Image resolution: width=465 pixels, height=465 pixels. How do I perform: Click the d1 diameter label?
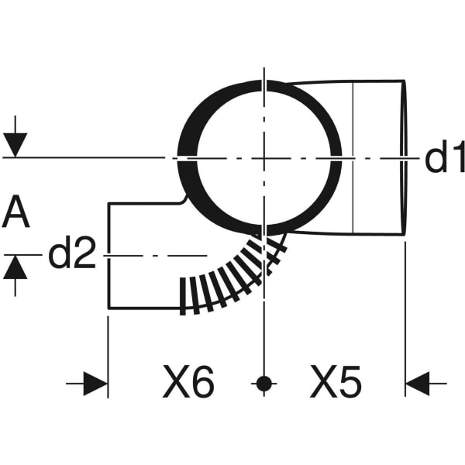pyautogui.click(x=444, y=158)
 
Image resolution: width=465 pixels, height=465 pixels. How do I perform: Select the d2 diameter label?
pyautogui.click(x=71, y=254)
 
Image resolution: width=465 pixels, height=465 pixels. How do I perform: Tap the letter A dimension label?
pyautogui.click(x=16, y=213)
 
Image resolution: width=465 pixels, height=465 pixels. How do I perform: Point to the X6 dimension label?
pyautogui.click(x=188, y=382)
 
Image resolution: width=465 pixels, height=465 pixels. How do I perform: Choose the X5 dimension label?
pyautogui.click(x=336, y=382)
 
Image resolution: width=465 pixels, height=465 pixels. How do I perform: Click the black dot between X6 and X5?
pyautogui.click(x=264, y=383)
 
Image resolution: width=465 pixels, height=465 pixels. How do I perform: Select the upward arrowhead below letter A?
pyautogui.click(x=15, y=267)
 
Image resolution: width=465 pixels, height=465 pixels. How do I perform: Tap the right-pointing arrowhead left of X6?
pyautogui.click(x=95, y=383)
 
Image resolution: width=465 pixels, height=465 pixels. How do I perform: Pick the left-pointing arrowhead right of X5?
pyautogui.click(x=418, y=383)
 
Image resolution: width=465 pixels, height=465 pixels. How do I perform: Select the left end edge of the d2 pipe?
pyautogui.click(x=107, y=256)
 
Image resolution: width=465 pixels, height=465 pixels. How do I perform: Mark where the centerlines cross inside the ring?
pyautogui.click(x=264, y=158)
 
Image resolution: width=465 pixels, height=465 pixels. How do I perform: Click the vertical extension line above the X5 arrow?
pyautogui.click(x=405, y=310)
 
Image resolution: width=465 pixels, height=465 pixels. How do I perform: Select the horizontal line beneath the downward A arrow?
pyautogui.click(x=77, y=158)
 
